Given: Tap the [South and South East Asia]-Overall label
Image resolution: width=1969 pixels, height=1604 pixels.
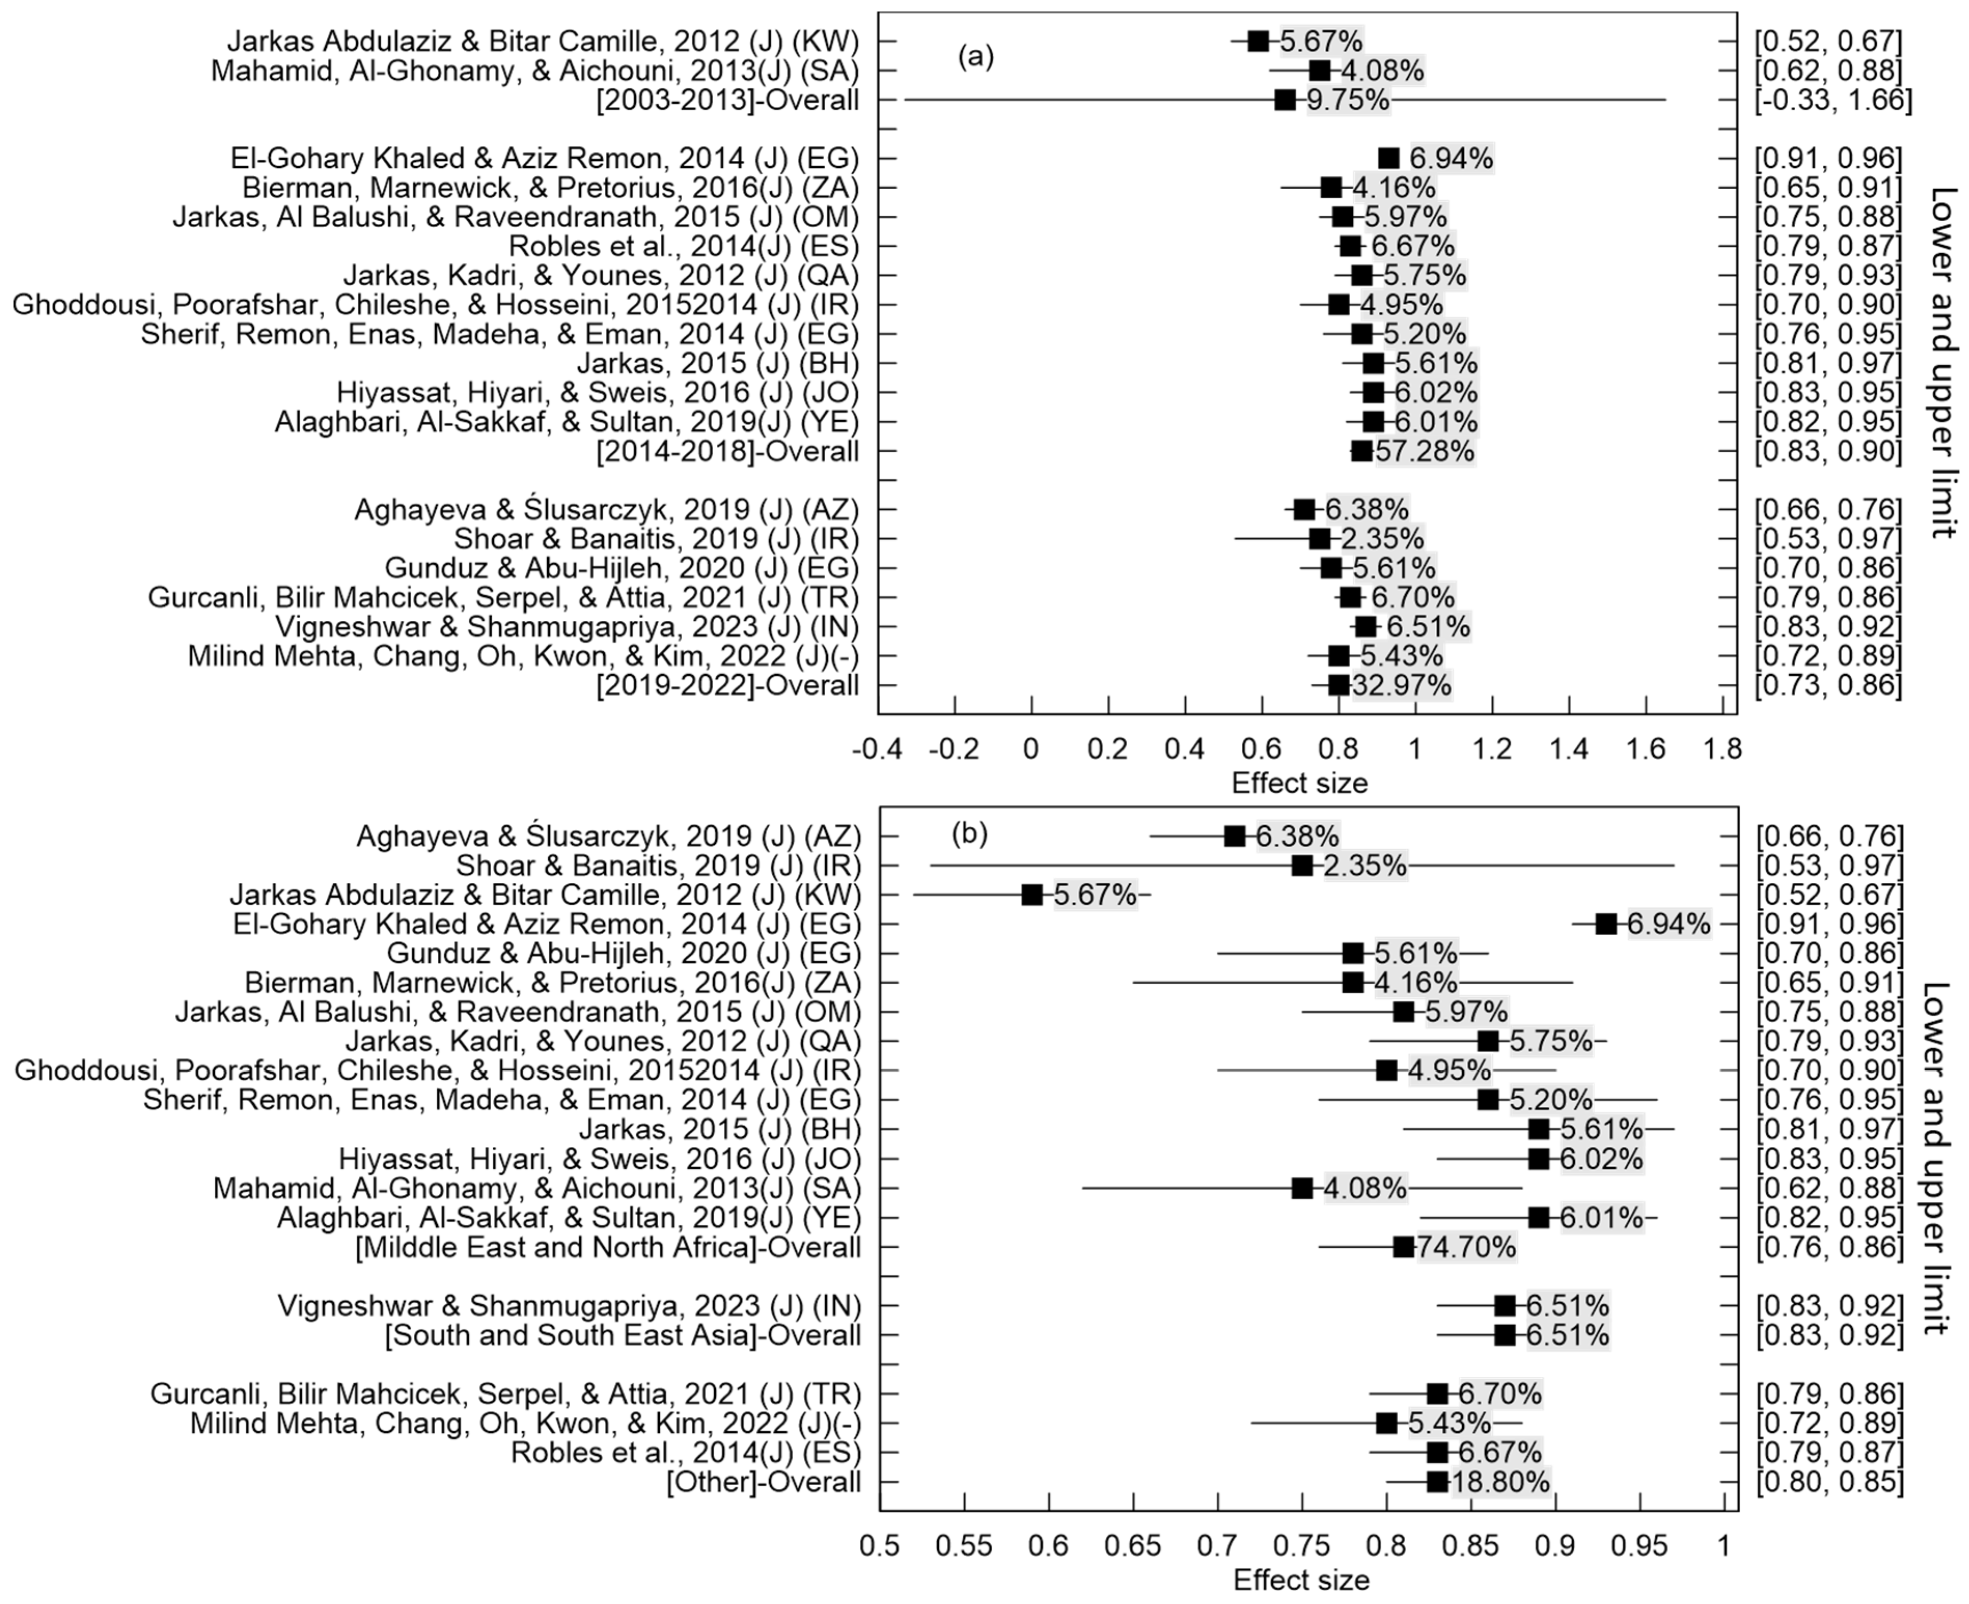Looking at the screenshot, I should point(623,1335).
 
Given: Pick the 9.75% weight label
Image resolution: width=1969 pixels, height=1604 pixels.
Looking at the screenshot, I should point(1348,100).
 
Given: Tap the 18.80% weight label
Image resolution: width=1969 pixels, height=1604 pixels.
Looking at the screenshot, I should point(1501,1482).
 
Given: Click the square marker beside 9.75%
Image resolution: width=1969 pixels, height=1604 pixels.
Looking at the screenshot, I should point(1285,100).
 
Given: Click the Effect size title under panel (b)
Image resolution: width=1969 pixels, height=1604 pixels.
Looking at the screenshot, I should point(1301,1581).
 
